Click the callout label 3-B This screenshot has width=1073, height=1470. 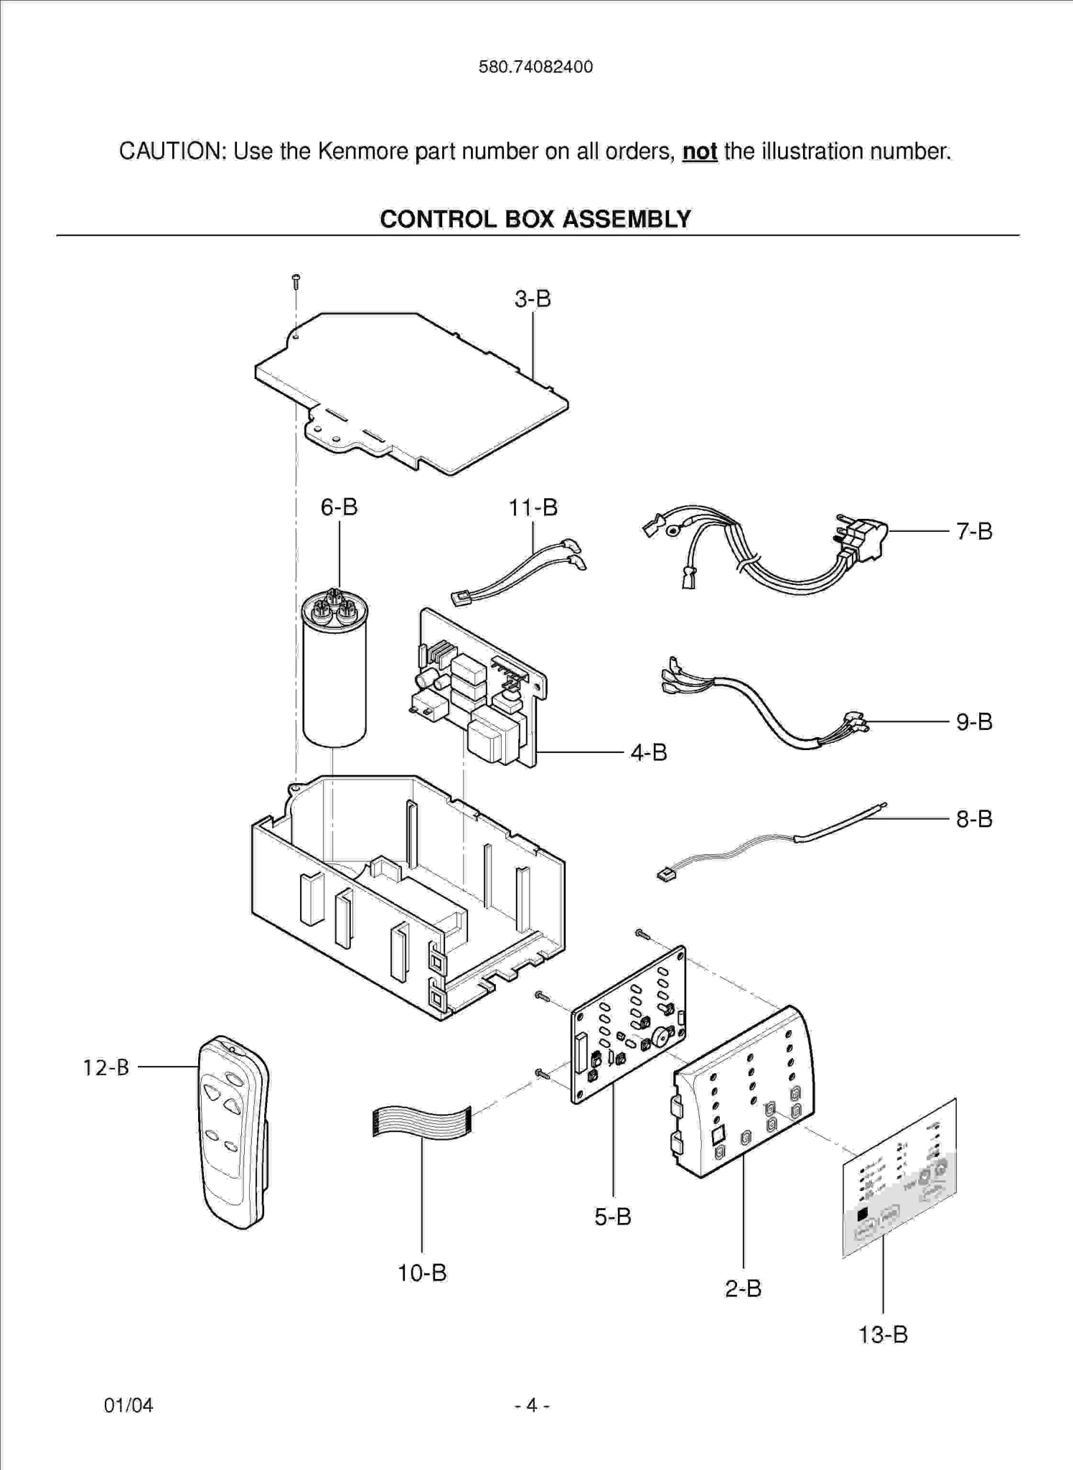532,299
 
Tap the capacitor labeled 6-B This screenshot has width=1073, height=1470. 334,675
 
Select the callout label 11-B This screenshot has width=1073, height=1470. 533,507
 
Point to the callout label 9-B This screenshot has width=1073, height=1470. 973,721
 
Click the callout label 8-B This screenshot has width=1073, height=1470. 973,818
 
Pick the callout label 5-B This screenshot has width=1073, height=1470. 612,1216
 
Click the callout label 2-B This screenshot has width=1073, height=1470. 742,1288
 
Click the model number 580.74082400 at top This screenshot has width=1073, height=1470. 535,67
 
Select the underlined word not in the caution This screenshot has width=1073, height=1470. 699,151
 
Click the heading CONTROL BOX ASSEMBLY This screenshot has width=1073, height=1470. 535,219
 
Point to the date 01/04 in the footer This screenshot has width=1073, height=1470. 128,1405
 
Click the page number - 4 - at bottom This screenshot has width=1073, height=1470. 532,1405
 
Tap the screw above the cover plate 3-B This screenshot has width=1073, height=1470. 296,281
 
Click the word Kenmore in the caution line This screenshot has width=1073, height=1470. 364,151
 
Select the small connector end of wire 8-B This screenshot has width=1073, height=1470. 667,875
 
